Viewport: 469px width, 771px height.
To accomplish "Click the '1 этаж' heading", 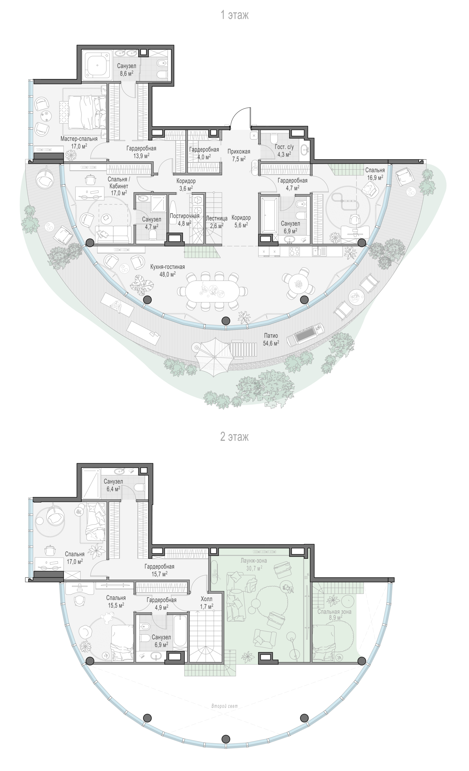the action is [234, 15].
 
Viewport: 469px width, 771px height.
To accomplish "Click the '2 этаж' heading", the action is [234, 436].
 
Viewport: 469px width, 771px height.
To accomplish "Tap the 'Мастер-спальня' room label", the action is [79, 138].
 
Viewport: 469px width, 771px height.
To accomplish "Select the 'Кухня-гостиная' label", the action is [168, 267].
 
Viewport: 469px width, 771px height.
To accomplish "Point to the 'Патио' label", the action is [271, 336].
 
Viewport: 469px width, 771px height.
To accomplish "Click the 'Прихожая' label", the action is [239, 152].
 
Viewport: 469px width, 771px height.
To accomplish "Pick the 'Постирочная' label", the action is [185, 216].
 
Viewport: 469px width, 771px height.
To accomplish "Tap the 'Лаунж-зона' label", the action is [254, 560].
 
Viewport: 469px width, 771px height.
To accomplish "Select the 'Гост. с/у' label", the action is [284, 147].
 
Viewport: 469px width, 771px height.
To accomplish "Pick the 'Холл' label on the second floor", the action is [207, 599].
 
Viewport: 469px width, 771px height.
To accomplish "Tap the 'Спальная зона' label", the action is [334, 612].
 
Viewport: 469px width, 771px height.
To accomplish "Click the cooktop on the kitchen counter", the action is [295, 251].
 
